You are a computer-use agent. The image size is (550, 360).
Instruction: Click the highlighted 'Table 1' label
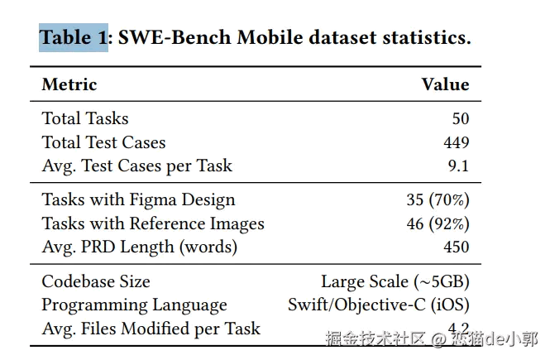click(74, 38)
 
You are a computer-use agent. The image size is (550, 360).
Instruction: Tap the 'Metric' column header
click(69, 84)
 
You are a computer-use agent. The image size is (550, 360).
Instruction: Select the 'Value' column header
click(445, 84)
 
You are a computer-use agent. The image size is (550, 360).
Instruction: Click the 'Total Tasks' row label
click(85, 118)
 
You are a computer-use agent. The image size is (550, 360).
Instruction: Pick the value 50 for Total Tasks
click(460, 118)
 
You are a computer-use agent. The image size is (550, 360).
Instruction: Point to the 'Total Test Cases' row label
click(103, 142)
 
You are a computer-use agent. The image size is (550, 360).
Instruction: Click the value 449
click(456, 142)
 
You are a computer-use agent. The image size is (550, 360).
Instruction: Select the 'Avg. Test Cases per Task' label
click(137, 166)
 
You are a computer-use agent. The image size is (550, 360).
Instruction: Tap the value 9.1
click(458, 166)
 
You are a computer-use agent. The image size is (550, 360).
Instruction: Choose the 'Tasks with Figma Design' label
click(138, 199)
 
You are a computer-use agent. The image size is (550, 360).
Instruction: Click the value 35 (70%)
click(438, 199)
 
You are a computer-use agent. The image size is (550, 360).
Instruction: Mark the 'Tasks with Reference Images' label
click(153, 223)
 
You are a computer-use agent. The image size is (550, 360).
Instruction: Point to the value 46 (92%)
click(438, 223)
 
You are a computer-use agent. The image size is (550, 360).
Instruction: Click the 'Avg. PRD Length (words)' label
click(139, 247)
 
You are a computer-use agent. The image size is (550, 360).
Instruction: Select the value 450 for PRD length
click(456, 247)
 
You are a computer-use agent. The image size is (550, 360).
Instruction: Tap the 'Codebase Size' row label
click(96, 281)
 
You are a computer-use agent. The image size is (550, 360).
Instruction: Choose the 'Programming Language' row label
click(134, 305)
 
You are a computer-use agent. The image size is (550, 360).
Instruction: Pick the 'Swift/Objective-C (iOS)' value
click(378, 305)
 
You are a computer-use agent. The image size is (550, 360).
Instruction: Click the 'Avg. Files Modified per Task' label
click(151, 329)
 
